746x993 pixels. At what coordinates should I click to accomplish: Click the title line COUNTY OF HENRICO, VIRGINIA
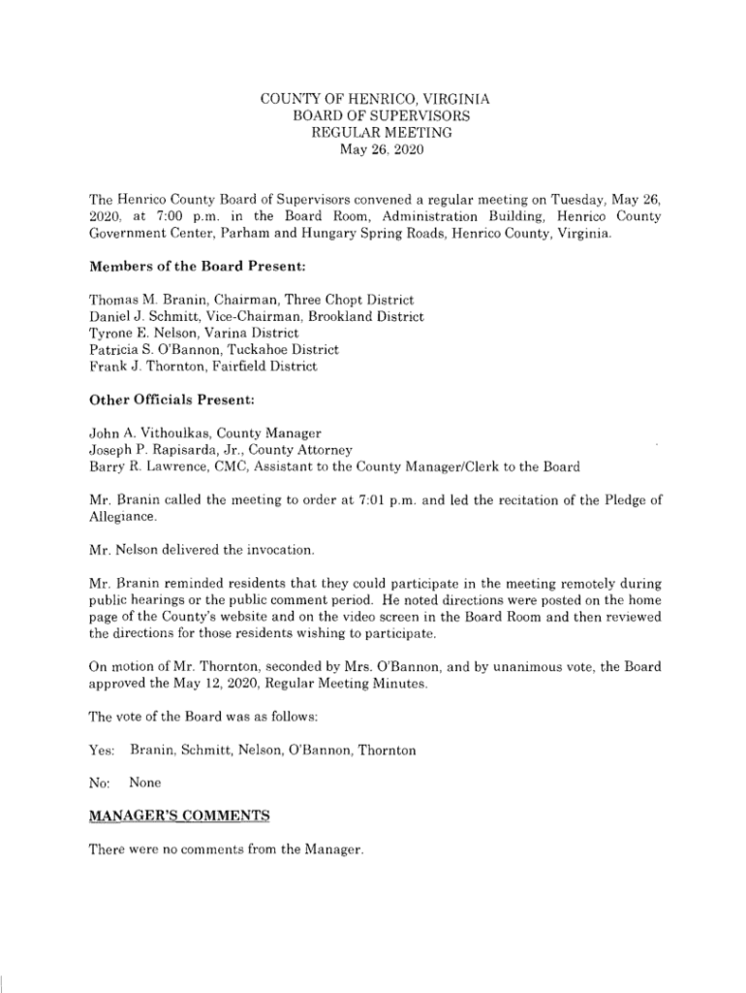pos(376,99)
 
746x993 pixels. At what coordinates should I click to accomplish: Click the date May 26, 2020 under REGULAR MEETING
pos(376,149)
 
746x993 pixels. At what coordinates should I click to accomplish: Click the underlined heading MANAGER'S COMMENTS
pos(178,817)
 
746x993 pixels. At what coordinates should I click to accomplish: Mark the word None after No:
pos(145,783)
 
